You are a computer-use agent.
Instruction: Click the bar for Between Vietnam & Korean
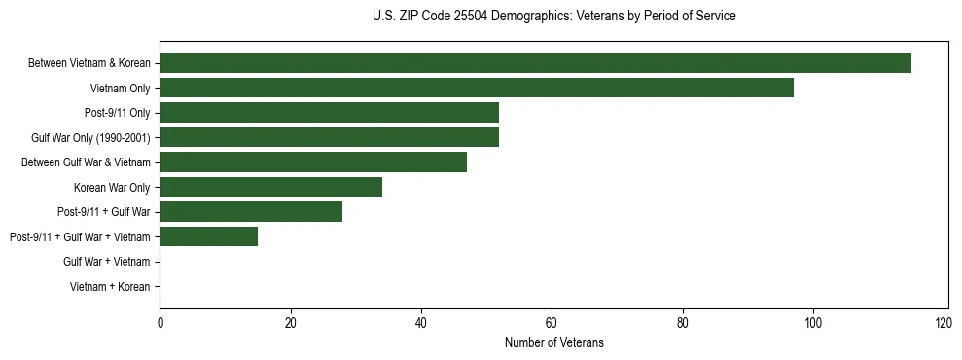tap(535, 63)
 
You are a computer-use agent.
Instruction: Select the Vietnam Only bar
tap(477, 89)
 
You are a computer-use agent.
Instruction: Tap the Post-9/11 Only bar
tap(329, 113)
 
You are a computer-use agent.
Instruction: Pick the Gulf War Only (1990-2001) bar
tap(329, 138)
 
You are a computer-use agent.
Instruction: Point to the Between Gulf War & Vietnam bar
tap(313, 162)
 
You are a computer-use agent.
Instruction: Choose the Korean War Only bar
tap(270, 187)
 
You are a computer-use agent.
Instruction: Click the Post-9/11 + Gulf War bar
tap(251, 212)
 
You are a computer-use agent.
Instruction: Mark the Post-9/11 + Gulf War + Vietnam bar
tap(208, 236)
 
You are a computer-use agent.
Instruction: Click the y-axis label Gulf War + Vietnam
tap(106, 262)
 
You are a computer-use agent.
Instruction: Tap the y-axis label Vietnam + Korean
tap(110, 287)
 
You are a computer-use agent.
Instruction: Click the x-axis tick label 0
tap(160, 322)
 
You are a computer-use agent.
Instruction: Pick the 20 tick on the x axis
tap(290, 322)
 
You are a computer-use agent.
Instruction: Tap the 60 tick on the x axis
tap(552, 322)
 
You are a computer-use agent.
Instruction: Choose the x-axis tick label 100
tap(812, 322)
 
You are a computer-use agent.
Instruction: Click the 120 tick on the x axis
tap(943, 322)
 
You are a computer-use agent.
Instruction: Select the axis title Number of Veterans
tap(554, 342)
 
